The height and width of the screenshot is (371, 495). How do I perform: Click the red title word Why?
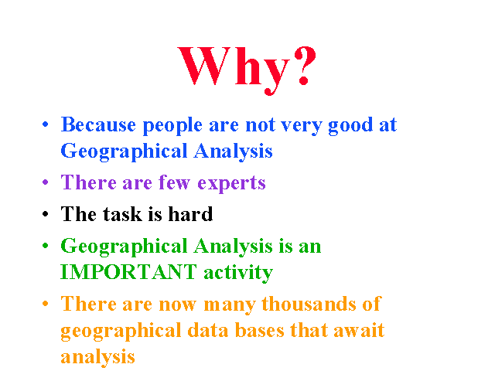coord(247,69)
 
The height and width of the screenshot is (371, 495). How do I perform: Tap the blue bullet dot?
coord(46,124)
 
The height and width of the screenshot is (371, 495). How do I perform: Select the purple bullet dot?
coord(46,182)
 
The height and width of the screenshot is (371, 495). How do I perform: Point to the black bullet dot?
coord(46,213)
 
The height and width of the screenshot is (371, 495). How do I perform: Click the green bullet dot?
coord(46,246)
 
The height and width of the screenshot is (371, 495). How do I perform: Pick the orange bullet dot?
coord(46,304)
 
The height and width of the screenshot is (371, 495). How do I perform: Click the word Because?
coord(98,124)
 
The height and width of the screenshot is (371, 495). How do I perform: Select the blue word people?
coord(172,126)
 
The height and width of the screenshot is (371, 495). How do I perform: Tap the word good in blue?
coord(350,126)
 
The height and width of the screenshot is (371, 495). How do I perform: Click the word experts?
coord(231,184)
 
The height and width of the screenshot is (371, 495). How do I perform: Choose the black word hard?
coord(190,213)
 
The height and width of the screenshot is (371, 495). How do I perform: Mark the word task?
coord(122,214)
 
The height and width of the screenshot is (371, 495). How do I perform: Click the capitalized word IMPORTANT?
coord(129,271)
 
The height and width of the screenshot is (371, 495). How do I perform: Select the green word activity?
coord(238,273)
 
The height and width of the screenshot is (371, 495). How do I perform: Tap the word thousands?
coord(309,304)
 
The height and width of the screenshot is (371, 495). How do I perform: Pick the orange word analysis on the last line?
coord(97,358)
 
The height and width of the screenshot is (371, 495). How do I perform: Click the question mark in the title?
coord(305,66)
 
